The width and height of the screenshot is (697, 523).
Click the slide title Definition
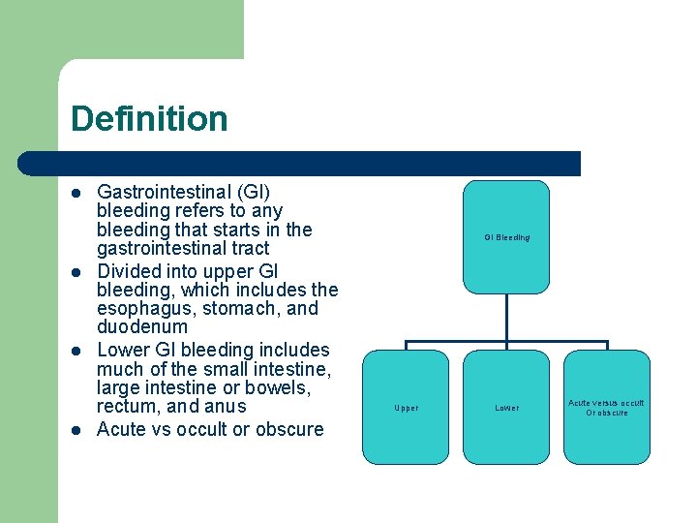149,119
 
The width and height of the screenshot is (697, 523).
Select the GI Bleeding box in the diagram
505,236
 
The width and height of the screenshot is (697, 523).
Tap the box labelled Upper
406,408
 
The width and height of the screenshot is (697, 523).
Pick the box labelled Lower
506,408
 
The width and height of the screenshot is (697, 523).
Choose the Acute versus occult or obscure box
606,408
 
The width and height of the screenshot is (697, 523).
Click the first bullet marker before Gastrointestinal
76,193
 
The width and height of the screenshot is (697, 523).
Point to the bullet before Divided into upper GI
76,272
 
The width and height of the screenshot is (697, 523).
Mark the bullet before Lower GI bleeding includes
76,351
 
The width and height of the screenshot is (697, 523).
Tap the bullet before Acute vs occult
76,430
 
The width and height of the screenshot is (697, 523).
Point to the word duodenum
142,328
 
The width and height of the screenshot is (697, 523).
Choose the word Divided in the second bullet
129,271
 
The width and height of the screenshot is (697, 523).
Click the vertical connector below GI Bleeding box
506,317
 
